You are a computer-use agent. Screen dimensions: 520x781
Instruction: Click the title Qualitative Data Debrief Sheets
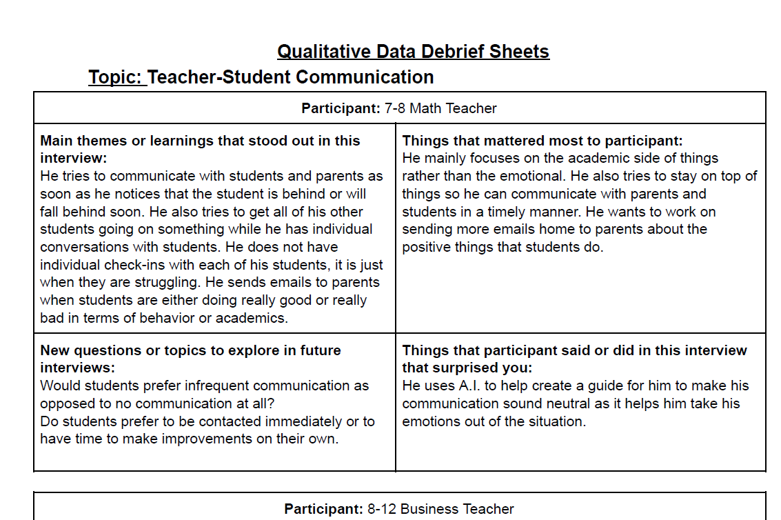pyautogui.click(x=413, y=52)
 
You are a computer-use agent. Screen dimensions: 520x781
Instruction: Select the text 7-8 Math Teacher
pyautogui.click(x=440, y=108)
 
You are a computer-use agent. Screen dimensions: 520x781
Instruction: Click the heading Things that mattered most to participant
pyautogui.click(x=542, y=141)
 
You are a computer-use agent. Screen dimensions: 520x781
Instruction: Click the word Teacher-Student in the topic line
pyautogui.click(x=219, y=77)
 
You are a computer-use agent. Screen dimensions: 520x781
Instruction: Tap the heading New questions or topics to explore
pyautogui.click(x=190, y=350)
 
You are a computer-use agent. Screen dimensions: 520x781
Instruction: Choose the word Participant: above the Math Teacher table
pyautogui.click(x=341, y=108)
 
